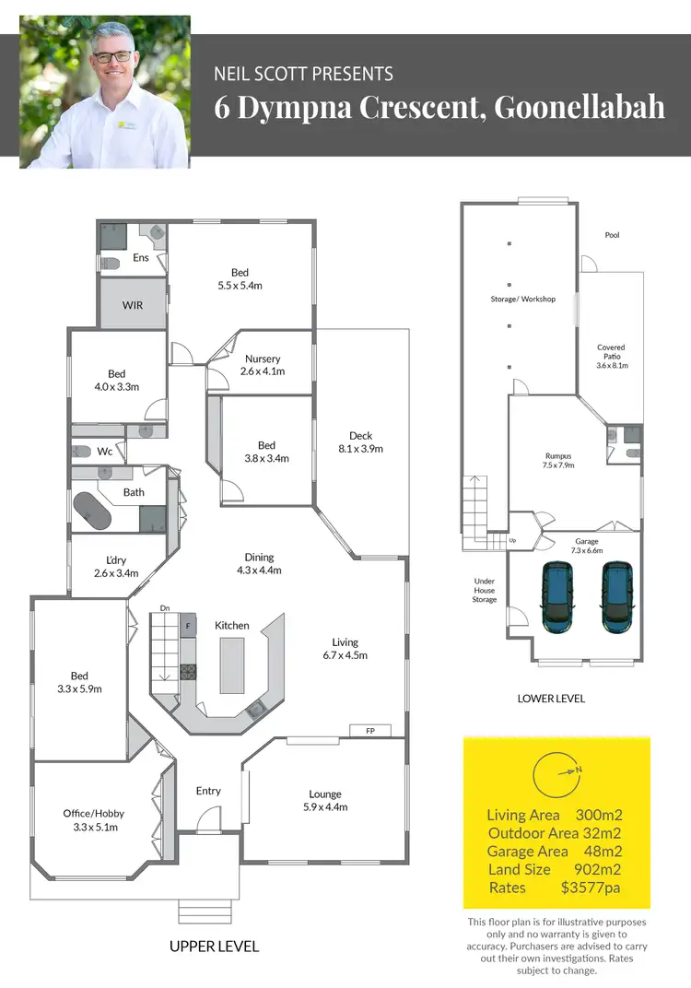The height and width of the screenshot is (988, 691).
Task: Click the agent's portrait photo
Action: tap(105, 92)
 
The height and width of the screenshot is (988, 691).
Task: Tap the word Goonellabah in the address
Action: tap(580, 106)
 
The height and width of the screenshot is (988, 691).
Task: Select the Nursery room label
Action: tap(263, 359)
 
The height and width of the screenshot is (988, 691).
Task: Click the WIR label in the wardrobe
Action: tap(133, 305)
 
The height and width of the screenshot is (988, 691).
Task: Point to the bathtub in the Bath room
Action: tap(92, 511)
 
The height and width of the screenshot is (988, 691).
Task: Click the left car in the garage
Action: tap(557, 597)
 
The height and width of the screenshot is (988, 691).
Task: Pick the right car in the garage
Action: tap(617, 597)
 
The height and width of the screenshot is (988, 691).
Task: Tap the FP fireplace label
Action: tap(370, 731)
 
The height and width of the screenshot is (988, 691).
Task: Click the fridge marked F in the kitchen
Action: tap(188, 625)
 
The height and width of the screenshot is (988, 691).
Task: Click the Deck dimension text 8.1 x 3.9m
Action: tap(360, 449)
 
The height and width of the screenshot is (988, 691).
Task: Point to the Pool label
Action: tap(612, 235)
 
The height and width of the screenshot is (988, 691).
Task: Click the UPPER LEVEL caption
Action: tap(214, 947)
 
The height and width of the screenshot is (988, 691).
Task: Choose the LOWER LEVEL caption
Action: tap(551, 699)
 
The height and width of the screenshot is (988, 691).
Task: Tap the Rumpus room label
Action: tap(558, 455)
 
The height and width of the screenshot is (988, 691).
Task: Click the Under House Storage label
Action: tap(485, 590)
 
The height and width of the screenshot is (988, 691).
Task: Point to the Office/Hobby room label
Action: tap(93, 813)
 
